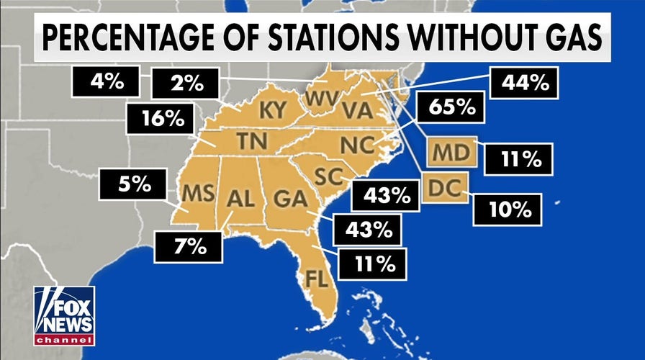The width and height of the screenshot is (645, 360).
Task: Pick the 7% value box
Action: point(189,246)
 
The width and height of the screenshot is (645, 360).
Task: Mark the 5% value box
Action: point(135,184)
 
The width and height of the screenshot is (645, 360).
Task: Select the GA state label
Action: point(288,197)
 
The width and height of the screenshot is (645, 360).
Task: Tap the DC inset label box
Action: point(446,187)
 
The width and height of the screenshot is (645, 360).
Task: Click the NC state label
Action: point(356,144)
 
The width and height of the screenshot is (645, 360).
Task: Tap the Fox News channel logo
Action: point(64,315)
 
